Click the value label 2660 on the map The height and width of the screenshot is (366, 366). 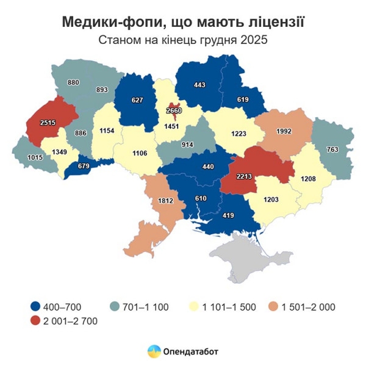tap(174, 110)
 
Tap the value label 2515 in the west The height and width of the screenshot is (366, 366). tap(48, 123)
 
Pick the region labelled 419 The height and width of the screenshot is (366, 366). tap(229, 215)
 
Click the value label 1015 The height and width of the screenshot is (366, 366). tap(36, 158)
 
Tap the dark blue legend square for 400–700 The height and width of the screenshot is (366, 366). tap(35, 306)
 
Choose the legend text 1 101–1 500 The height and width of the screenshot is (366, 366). tap(228, 306)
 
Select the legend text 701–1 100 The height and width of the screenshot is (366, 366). tap(145, 306)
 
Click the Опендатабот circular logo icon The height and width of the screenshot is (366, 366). tap(154, 351)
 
